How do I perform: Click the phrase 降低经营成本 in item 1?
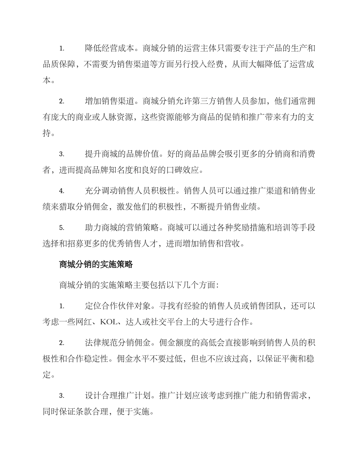110,48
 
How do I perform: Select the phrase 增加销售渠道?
110,101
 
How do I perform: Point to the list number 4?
62,191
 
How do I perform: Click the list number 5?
62,228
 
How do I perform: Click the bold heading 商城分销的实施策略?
96,265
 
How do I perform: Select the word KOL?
110,322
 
